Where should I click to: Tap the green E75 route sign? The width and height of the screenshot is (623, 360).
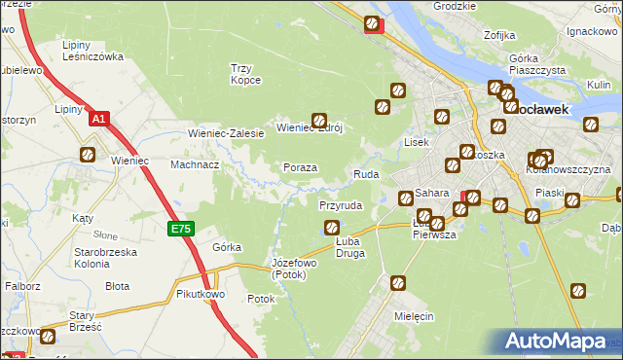(180, 229)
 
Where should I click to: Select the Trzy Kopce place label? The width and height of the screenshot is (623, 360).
(245, 73)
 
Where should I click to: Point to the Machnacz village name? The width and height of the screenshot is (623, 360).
(195, 164)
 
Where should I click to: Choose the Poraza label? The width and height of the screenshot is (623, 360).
(300, 167)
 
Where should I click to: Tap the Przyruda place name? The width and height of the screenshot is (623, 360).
(341, 206)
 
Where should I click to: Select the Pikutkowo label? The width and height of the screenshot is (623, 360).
(202, 293)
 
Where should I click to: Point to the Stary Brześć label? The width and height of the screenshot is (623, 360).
(81, 321)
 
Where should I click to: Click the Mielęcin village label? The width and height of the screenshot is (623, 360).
(414, 317)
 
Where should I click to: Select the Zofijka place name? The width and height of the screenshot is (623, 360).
(498, 35)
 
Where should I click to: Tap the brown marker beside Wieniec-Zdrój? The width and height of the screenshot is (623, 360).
(317, 121)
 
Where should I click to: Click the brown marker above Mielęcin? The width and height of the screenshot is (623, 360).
(398, 283)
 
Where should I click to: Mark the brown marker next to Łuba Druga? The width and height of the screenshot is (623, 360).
(331, 229)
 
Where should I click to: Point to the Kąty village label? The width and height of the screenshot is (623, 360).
(83, 219)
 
